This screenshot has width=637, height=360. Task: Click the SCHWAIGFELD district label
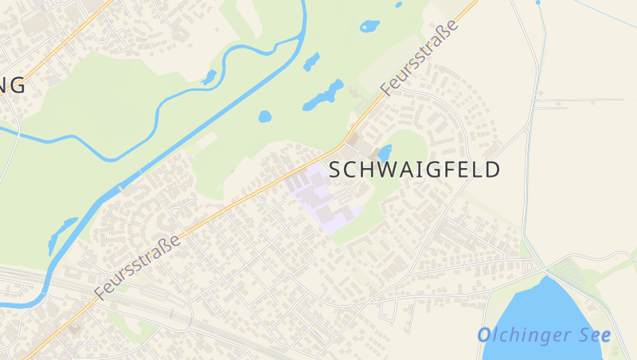[414, 170]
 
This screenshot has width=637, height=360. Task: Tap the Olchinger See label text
[544, 335]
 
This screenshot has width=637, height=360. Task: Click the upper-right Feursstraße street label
[420, 57]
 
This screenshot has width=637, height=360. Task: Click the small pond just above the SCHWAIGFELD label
[385, 152]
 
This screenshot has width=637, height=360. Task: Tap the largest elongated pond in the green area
[323, 96]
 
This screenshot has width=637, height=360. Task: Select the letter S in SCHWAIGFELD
[335, 170]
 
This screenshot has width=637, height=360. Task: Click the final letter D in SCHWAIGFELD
[493, 170]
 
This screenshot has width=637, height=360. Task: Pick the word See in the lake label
[594, 335]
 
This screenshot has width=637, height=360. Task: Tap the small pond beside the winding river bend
[209, 77]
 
